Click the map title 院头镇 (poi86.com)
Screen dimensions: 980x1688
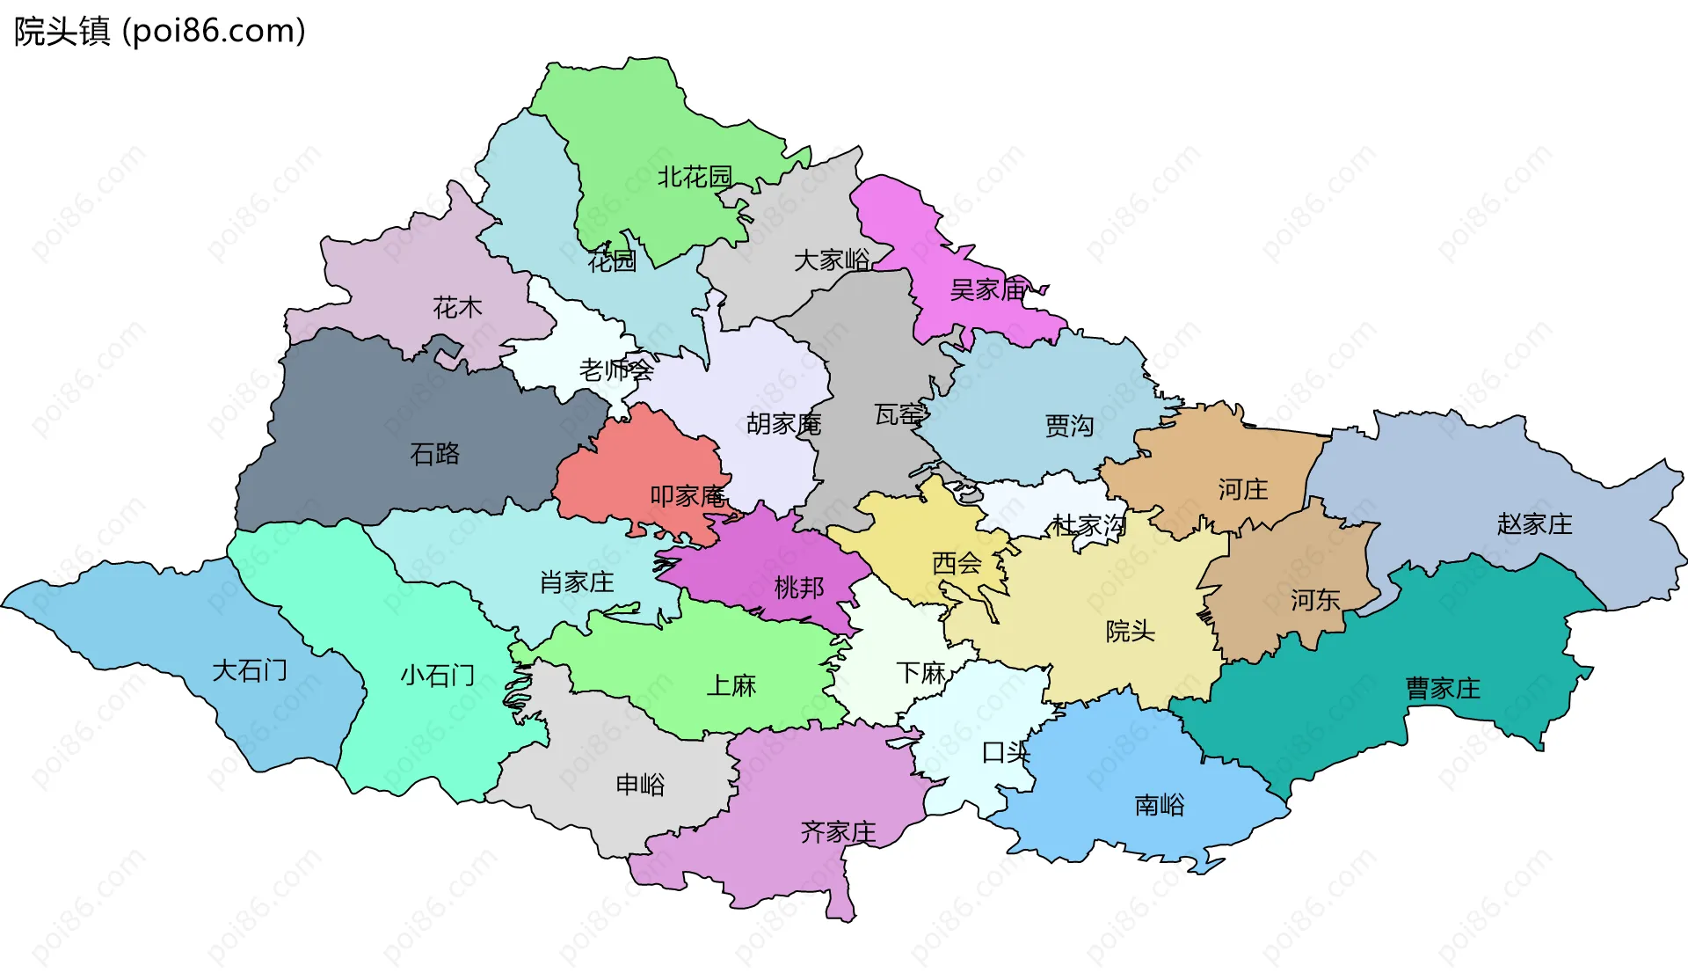point(159,32)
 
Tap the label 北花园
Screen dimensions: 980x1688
point(695,177)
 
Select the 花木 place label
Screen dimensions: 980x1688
point(457,308)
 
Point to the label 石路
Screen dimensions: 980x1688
point(435,454)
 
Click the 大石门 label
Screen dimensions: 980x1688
point(250,671)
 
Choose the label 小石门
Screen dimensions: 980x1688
point(437,676)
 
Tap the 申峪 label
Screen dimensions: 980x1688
point(640,784)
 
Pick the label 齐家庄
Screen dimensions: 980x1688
point(838,832)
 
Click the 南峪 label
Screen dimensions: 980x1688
point(1160,805)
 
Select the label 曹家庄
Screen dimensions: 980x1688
point(1443,688)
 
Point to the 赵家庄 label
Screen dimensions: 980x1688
point(1534,524)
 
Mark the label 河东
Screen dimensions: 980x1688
point(1315,601)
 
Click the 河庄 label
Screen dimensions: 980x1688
point(1243,489)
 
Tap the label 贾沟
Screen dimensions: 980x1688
point(1069,426)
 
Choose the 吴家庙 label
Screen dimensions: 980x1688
point(987,289)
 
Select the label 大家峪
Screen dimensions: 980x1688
point(832,260)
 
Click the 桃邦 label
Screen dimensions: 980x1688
point(799,588)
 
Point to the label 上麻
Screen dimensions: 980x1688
point(731,685)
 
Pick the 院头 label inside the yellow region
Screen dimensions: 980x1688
point(1130,631)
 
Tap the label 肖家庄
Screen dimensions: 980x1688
point(577,582)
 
